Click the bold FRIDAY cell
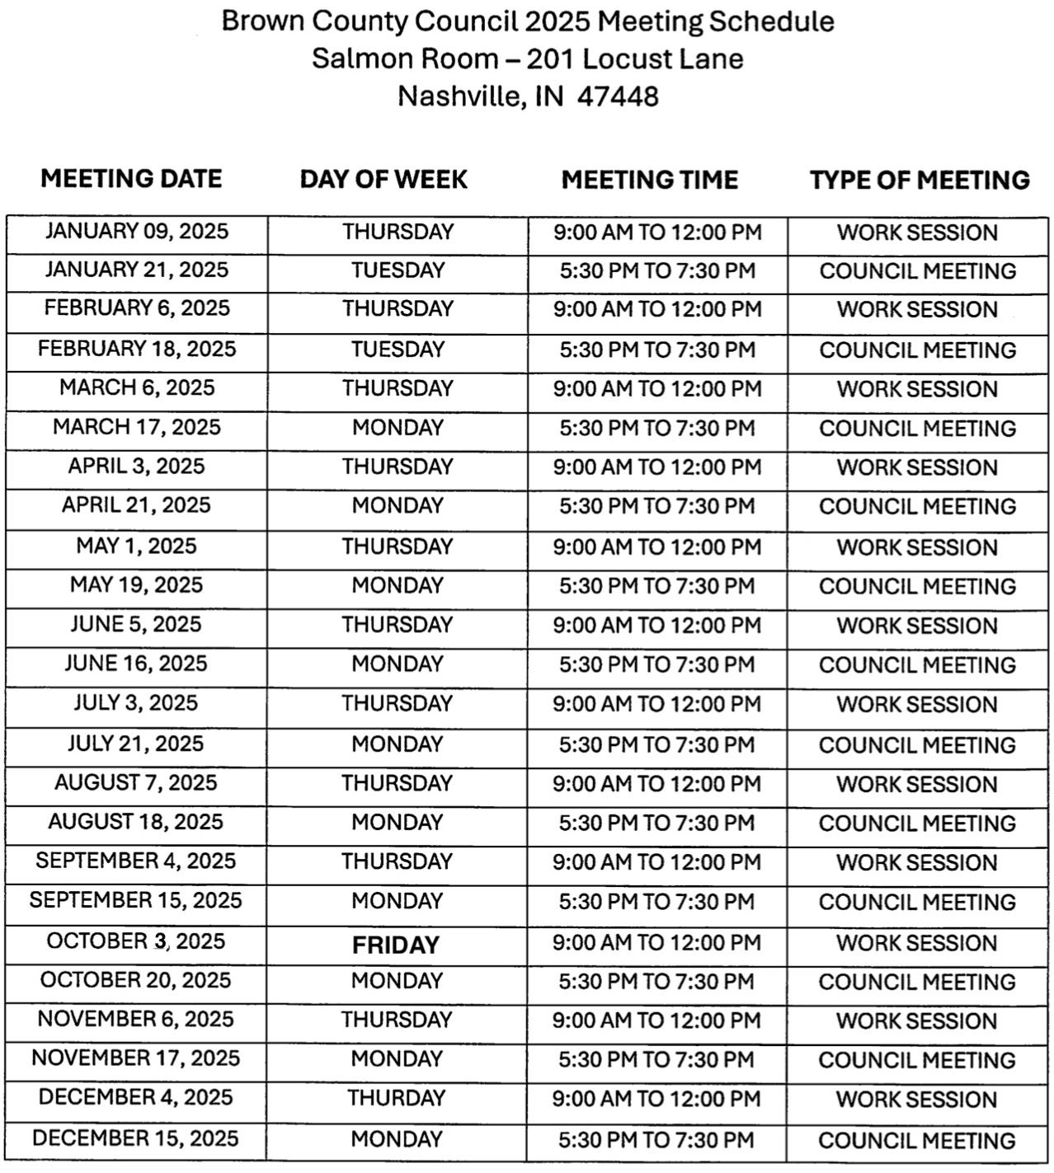click(x=396, y=945)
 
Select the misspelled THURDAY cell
click(x=396, y=1099)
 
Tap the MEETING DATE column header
click(x=131, y=179)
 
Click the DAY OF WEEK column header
click(x=383, y=180)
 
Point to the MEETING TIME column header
click(x=650, y=180)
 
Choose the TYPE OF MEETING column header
click(x=920, y=180)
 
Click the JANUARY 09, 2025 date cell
click(x=136, y=232)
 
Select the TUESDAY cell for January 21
click(x=398, y=270)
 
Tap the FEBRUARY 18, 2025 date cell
click(x=136, y=349)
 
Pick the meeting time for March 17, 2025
click(x=656, y=429)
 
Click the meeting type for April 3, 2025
click(x=917, y=467)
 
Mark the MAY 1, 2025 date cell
click(x=136, y=546)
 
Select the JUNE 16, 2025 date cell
click(x=136, y=664)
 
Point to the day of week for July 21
click(x=398, y=744)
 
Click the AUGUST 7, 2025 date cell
click(x=136, y=782)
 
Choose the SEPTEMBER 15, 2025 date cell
click(x=136, y=900)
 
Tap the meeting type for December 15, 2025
click(x=917, y=1141)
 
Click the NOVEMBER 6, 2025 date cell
click(x=136, y=1020)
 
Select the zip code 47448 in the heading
click(x=618, y=96)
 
